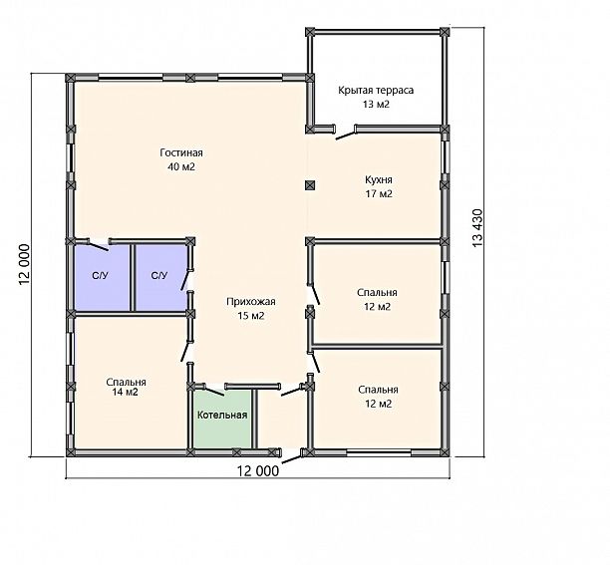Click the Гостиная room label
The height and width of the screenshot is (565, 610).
181,152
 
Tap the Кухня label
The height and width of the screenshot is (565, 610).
379,180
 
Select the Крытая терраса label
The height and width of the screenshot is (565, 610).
376,91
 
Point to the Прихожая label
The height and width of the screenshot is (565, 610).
251,302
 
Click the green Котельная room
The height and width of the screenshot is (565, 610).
222,419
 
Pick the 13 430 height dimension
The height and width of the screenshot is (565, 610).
477,228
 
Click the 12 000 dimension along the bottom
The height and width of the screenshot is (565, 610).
258,471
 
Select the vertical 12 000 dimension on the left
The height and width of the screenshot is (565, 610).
24,264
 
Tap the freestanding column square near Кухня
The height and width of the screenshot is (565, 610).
310,185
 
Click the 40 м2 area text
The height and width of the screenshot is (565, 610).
181,166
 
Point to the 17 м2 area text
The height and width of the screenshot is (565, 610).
379,193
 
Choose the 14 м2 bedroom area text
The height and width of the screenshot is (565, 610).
126,392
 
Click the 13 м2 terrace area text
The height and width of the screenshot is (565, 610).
376,105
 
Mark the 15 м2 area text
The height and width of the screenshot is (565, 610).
251,316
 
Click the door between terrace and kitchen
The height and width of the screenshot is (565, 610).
346,135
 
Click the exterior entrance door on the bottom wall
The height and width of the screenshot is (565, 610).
292,458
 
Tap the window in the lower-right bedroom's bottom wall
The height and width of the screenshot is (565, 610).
379,452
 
